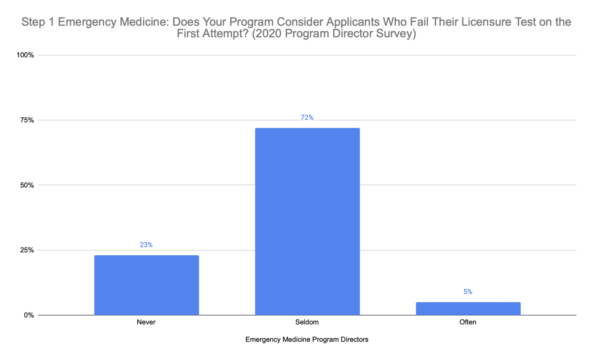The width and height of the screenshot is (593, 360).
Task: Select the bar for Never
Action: pos(146,285)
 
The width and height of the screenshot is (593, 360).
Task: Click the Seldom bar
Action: pos(307,221)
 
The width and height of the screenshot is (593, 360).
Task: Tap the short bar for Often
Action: pos(468,309)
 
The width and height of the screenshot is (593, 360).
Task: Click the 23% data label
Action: pos(146,245)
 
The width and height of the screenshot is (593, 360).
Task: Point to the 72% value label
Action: pos(307,117)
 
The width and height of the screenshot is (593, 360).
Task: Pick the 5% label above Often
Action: pos(468,292)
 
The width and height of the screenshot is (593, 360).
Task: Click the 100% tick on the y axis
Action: pos(25,55)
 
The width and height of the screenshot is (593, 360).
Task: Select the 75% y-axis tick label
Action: pos(27,120)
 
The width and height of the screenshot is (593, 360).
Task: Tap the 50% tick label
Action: pos(27,185)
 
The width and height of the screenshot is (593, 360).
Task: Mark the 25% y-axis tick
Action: pos(27,250)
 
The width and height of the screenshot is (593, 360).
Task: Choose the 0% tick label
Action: pos(29,315)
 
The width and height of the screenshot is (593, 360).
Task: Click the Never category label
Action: pos(146,322)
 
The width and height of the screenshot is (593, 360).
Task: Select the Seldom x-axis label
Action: pos(307,322)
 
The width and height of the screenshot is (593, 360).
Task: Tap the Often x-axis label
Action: pos(468,322)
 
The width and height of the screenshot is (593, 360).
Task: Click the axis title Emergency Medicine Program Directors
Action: pos(307,340)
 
